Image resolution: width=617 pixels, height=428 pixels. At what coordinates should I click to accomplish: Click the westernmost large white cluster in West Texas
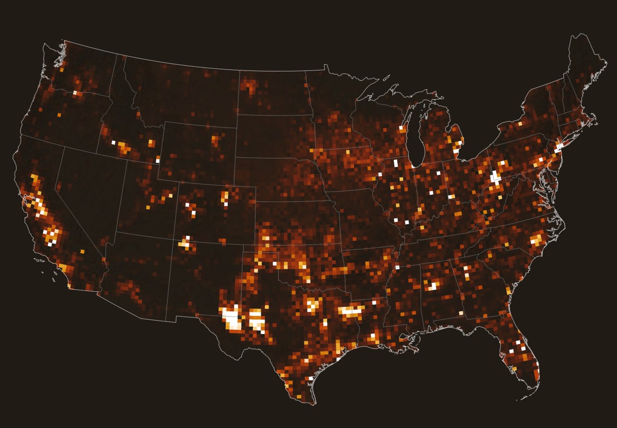click(x=232, y=319)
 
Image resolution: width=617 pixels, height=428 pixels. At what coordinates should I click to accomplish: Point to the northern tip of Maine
click(x=582, y=36)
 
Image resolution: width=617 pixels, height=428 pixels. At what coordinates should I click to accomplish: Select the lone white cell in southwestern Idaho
click(x=113, y=142)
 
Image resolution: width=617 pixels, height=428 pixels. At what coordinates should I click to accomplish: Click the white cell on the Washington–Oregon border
click(x=75, y=92)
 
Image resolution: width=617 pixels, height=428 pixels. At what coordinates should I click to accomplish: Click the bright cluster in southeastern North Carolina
click(x=537, y=239)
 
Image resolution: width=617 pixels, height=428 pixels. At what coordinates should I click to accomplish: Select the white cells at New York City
click(x=559, y=147)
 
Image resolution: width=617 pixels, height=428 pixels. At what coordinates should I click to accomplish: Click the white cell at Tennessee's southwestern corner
click(x=397, y=267)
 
